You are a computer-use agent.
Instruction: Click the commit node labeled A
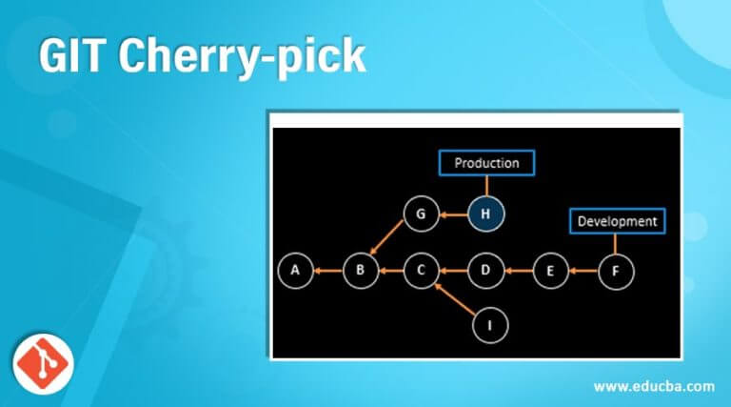click(x=296, y=271)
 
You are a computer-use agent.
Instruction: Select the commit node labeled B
click(x=361, y=271)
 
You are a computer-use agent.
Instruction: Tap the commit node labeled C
click(x=420, y=271)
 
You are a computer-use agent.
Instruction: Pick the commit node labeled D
click(x=485, y=271)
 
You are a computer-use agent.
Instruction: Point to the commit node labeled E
click(x=549, y=271)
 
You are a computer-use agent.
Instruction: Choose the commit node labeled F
click(x=616, y=271)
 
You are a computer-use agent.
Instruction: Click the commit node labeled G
click(x=420, y=214)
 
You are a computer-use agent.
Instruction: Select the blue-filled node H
click(x=485, y=214)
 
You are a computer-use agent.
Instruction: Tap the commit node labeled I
click(x=489, y=326)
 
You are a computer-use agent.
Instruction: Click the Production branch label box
click(x=486, y=163)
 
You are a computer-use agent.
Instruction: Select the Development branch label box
click(x=617, y=221)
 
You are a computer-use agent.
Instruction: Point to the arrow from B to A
click(x=328, y=271)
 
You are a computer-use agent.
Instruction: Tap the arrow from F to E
click(x=583, y=271)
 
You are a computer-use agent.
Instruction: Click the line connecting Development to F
click(x=616, y=244)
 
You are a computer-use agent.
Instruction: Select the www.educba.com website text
click(x=653, y=386)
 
